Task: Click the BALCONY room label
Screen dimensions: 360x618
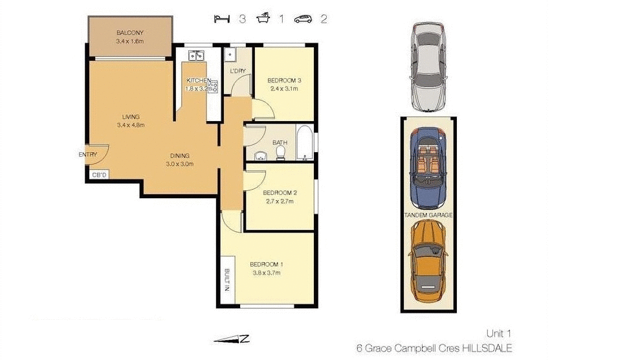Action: pyautogui.click(x=130, y=33)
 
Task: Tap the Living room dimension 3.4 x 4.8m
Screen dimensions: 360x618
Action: pyautogui.click(x=129, y=125)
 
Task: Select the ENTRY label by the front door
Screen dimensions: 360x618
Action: pyautogui.click(x=87, y=155)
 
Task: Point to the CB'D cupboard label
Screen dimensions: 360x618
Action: pyautogui.click(x=98, y=175)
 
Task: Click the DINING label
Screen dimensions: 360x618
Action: pyautogui.click(x=179, y=155)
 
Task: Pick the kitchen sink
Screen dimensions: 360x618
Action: pyautogui.click(x=195, y=56)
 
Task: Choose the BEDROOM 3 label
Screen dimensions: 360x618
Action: pyautogui.click(x=283, y=81)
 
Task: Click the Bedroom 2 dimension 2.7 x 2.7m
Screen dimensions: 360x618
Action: pyautogui.click(x=280, y=201)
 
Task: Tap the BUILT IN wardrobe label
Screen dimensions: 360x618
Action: pyautogui.click(x=227, y=280)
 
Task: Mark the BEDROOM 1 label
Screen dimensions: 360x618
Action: pyautogui.click(x=267, y=264)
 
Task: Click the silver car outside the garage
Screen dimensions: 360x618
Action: pyautogui.click(x=428, y=66)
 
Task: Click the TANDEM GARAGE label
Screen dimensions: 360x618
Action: pyautogui.click(x=428, y=214)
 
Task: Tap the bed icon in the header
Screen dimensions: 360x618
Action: pyautogui.click(x=223, y=19)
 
